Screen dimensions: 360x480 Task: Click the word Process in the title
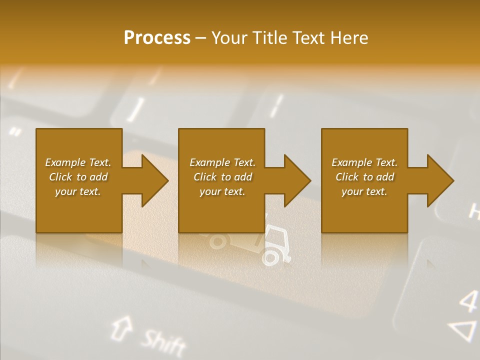click(157, 38)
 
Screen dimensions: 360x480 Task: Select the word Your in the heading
click(229, 38)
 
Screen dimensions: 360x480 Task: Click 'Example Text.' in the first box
click(78, 162)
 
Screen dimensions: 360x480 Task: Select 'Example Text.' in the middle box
click(222, 162)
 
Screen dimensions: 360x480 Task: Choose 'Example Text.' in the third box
click(364, 162)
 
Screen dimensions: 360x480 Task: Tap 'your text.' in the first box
click(78, 191)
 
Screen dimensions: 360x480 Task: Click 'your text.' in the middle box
click(222, 191)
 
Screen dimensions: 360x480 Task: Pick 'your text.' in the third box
click(364, 191)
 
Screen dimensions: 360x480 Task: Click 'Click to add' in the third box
click(364, 177)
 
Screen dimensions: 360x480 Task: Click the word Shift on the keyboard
click(163, 342)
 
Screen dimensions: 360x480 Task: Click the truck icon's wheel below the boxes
click(270, 257)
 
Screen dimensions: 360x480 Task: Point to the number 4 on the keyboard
click(468, 300)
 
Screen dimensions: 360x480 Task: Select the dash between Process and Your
click(201, 38)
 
